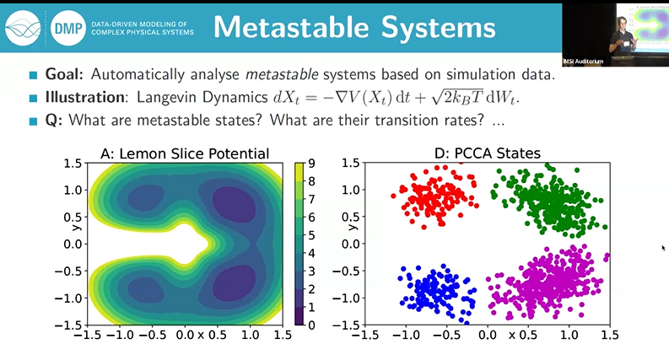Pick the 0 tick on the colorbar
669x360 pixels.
point(311,325)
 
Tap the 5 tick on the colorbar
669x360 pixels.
point(311,235)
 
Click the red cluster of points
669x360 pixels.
point(434,196)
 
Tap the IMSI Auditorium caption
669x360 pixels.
point(587,62)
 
